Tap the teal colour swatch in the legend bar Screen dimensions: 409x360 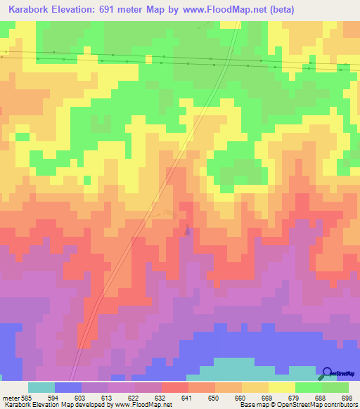point(41,387)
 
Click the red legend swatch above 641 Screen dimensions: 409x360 point(175,387)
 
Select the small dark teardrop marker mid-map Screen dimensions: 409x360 point(187,229)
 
